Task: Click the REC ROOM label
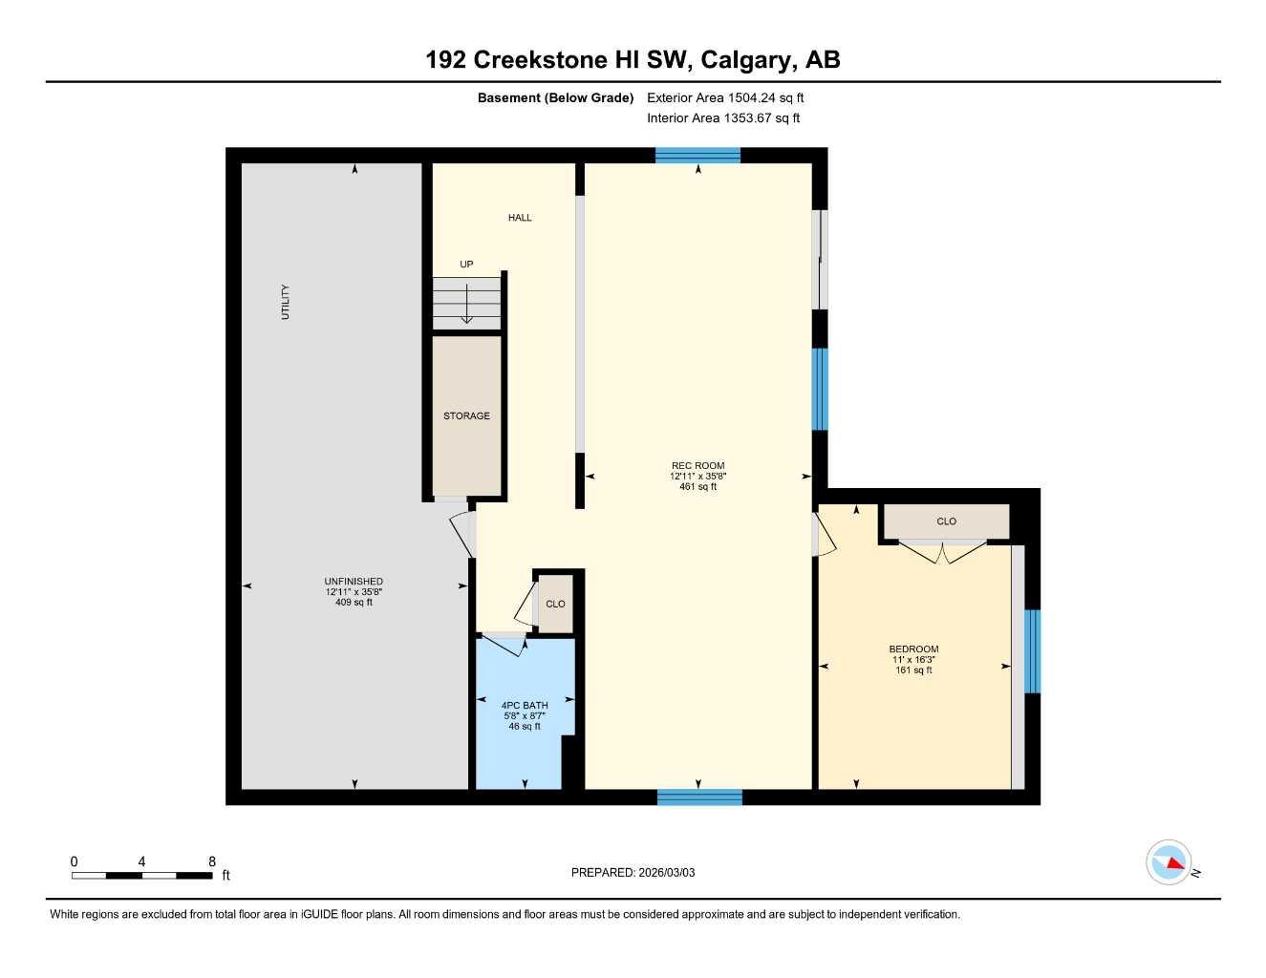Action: pyautogui.click(x=697, y=465)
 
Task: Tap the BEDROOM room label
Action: pyautogui.click(x=913, y=649)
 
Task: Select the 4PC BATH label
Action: pyautogui.click(x=525, y=706)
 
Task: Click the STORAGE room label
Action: pyautogui.click(x=466, y=416)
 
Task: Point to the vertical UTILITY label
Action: pyautogui.click(x=285, y=302)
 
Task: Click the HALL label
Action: pyautogui.click(x=520, y=218)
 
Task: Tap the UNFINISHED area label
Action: pyautogui.click(x=354, y=582)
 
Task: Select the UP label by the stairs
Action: pyautogui.click(x=466, y=265)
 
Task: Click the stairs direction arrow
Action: pyautogui.click(x=466, y=308)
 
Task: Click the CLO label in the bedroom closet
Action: pyautogui.click(x=946, y=521)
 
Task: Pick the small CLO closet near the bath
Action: pyautogui.click(x=555, y=604)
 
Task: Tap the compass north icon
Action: pyautogui.click(x=1169, y=863)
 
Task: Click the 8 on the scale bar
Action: pyautogui.click(x=212, y=861)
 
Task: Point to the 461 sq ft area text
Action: pyautogui.click(x=697, y=487)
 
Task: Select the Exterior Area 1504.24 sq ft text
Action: pyautogui.click(x=725, y=97)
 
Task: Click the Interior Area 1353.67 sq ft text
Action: pyautogui.click(x=723, y=118)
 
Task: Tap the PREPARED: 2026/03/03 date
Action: pyautogui.click(x=633, y=873)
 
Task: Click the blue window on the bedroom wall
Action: pyautogui.click(x=1032, y=651)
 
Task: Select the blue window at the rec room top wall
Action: pyautogui.click(x=697, y=156)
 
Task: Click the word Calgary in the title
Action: pyautogui.click(x=745, y=60)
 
